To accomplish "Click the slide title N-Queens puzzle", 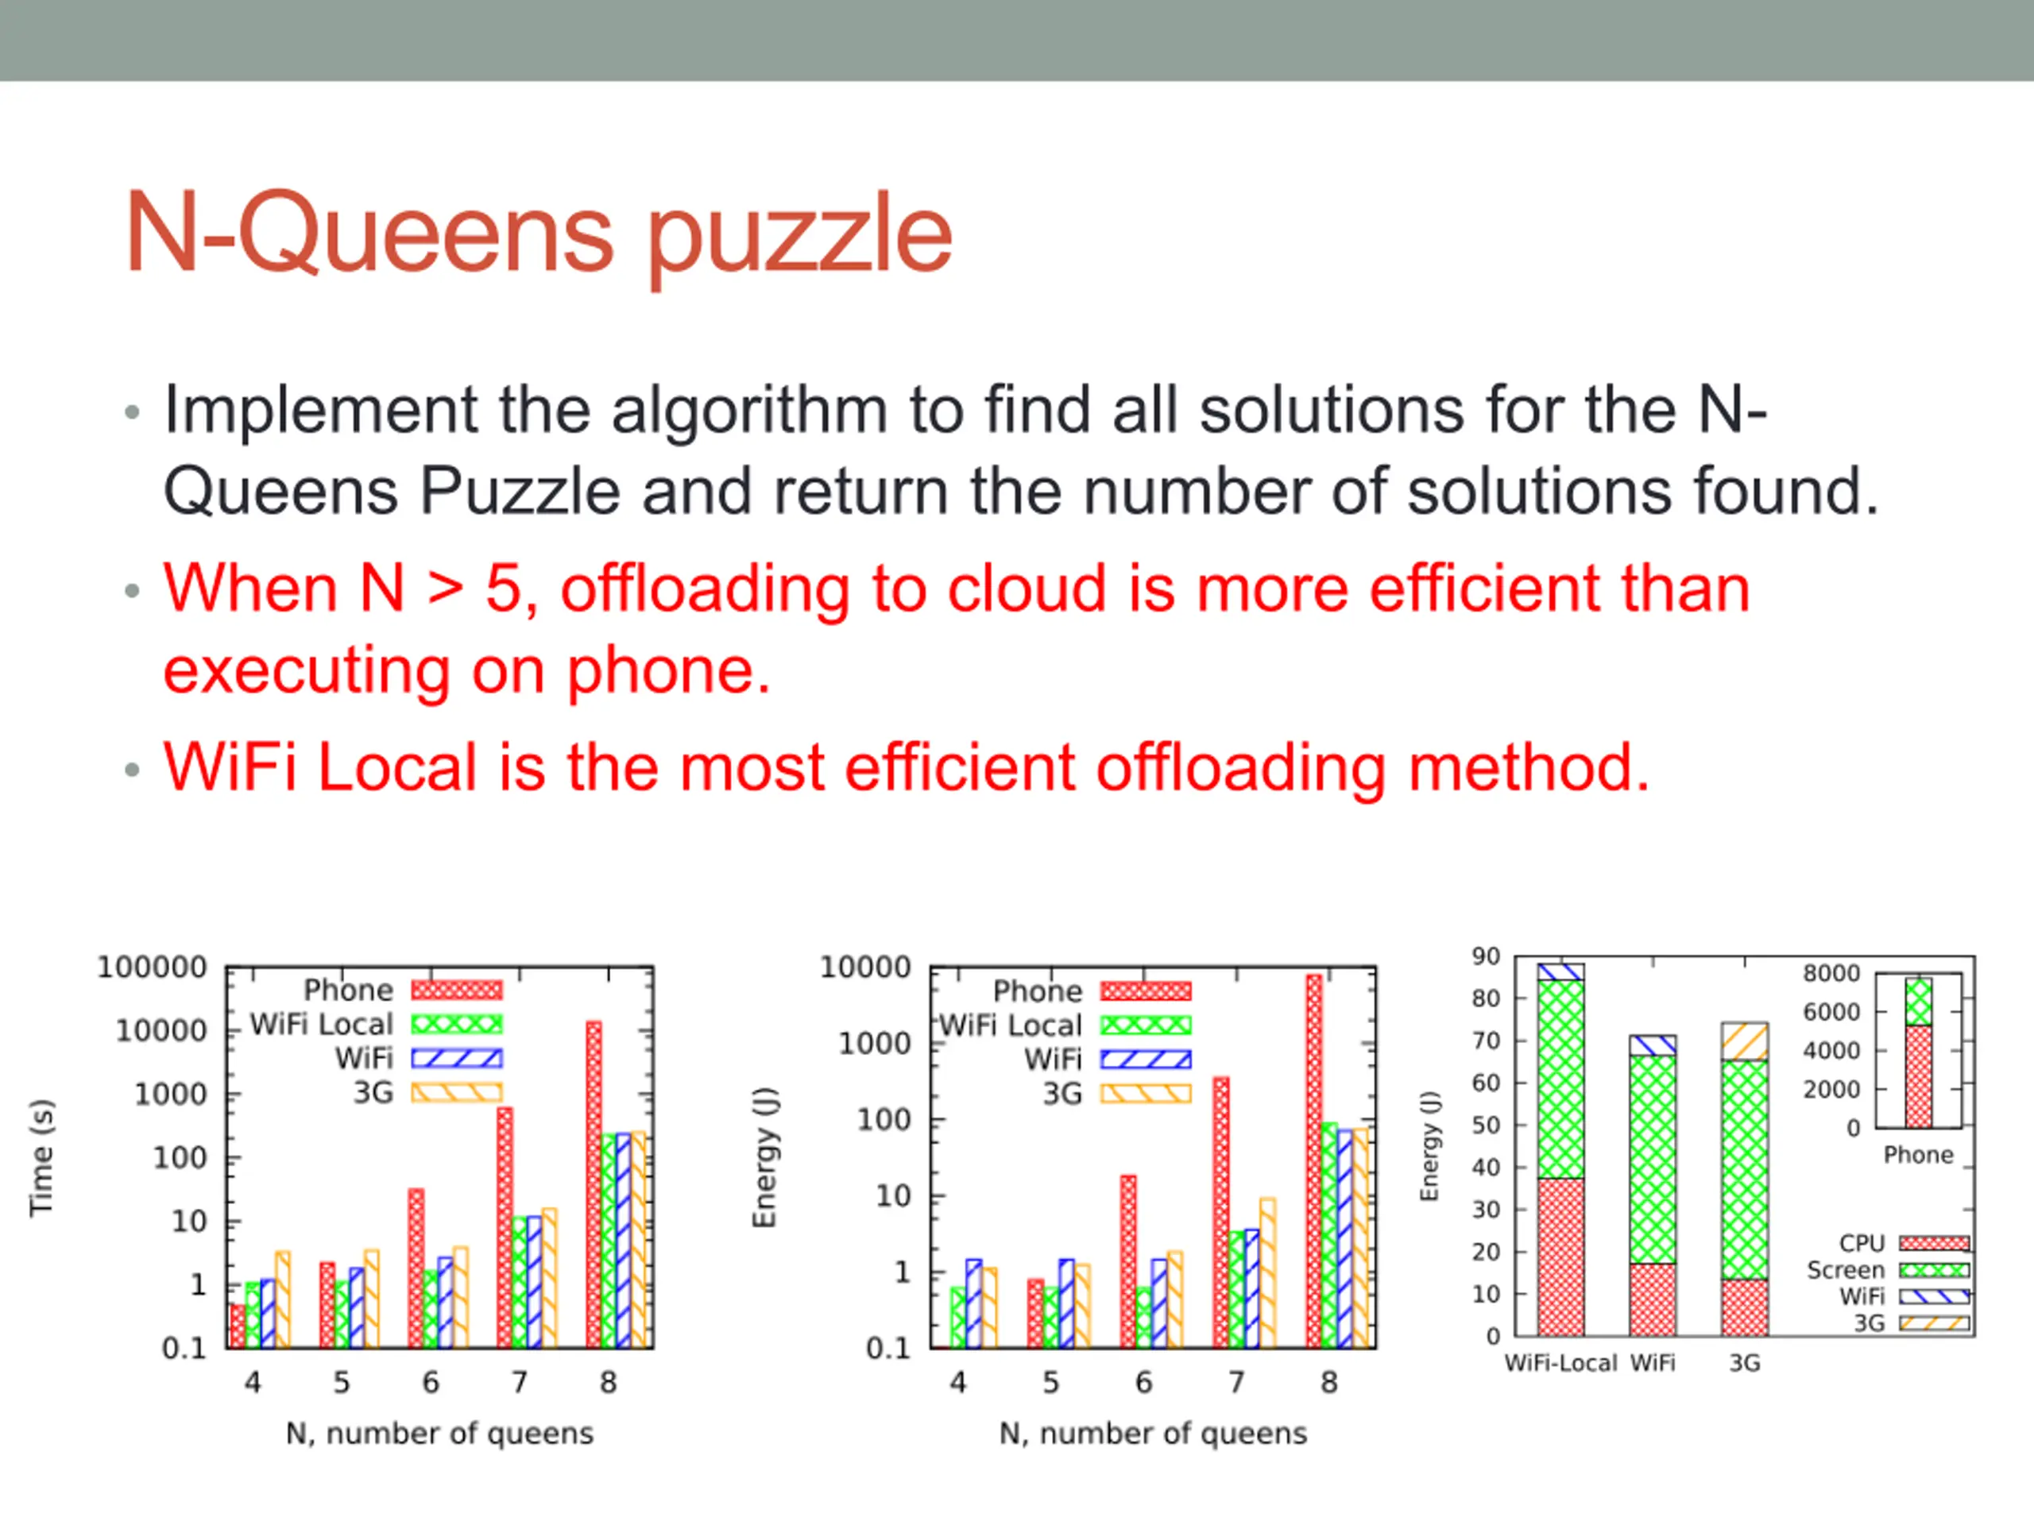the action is tap(539, 234).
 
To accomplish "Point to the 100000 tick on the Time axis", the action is tap(153, 967).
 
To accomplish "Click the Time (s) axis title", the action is tap(41, 1157).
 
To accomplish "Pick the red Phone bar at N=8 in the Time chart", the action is tap(594, 1184).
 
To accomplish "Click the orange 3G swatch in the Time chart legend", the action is tap(456, 1093).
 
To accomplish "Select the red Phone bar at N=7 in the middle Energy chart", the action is tap(1221, 1213).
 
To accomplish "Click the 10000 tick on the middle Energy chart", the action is tap(865, 967).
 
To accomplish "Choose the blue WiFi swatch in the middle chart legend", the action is tap(1146, 1060).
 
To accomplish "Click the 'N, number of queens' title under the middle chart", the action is tap(1153, 1433).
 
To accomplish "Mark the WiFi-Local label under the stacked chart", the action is tap(1560, 1362).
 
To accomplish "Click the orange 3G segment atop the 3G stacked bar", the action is tap(1744, 1041).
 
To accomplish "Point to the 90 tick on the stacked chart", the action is tap(1486, 956).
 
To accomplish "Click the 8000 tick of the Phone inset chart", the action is tap(1831, 972).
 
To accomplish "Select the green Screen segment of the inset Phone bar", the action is tap(1918, 1002).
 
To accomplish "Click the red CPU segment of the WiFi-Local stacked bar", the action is tap(1560, 1257).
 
